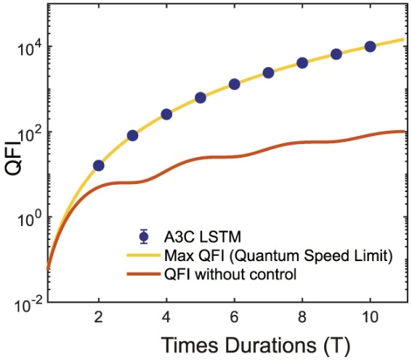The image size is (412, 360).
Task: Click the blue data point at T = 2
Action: click(99, 166)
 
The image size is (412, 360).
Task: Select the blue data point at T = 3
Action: click(133, 135)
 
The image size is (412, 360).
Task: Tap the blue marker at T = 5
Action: click(201, 97)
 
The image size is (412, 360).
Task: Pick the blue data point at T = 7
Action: click(268, 73)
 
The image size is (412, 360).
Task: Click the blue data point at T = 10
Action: click(370, 47)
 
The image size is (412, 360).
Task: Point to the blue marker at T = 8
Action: click(302, 63)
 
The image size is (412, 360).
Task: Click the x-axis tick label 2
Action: click(99, 317)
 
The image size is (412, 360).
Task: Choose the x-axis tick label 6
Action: click(235, 317)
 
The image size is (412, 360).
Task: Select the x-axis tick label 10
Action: click(370, 317)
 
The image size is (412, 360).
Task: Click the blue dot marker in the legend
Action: click(144, 236)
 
